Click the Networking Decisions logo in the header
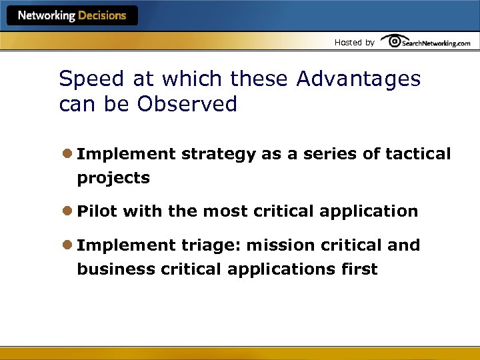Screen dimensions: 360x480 pos(72,15)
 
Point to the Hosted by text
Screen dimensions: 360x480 pos(354,43)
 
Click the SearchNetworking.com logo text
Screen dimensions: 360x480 pos(437,43)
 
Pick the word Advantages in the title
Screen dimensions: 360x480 pos(358,79)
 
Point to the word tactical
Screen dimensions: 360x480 pos(418,154)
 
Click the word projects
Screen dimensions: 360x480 pos(113,179)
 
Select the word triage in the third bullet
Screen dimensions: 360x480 pos(211,246)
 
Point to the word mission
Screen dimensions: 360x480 pos(279,245)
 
